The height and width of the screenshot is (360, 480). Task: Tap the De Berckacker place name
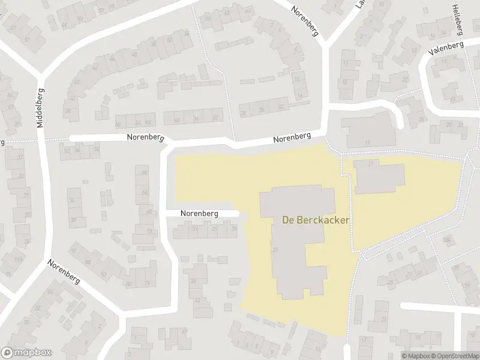click(x=316, y=220)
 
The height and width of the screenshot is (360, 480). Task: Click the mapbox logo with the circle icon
click(x=26, y=353)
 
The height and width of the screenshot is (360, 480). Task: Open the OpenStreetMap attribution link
click(x=454, y=355)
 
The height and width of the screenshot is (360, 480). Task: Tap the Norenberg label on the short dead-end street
click(x=200, y=214)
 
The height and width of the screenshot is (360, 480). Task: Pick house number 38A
click(x=446, y=240)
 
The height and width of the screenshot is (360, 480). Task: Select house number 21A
click(x=18, y=259)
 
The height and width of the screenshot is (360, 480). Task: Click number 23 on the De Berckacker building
click(x=275, y=250)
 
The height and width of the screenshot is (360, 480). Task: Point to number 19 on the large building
click(x=368, y=142)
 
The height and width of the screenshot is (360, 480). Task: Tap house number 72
click(x=149, y=231)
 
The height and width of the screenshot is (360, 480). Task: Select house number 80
click(x=128, y=284)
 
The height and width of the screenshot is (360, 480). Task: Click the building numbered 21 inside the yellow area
click(x=370, y=163)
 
